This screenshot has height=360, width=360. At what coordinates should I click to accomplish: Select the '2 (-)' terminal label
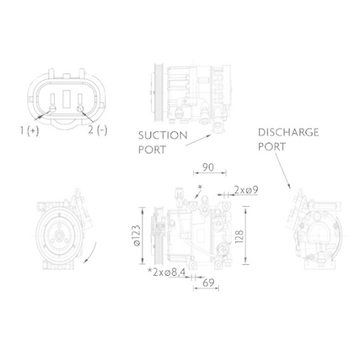point(97,130)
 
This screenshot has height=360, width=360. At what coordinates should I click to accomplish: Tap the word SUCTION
point(163,135)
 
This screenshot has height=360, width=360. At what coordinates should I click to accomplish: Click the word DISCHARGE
point(287,132)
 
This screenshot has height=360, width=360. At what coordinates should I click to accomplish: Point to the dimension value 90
point(209,168)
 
